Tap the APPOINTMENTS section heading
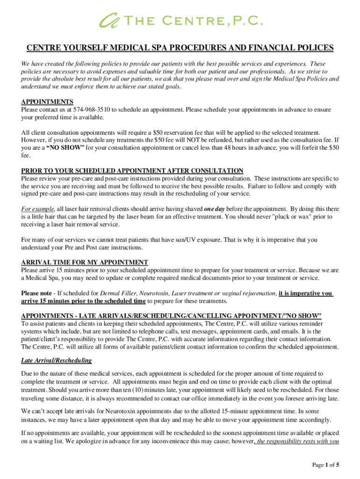tap(47, 102)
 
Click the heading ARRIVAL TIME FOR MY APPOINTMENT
tap(85, 262)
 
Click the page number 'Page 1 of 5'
tap(326, 464)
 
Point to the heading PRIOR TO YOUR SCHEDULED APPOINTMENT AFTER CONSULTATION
tap(132, 171)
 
